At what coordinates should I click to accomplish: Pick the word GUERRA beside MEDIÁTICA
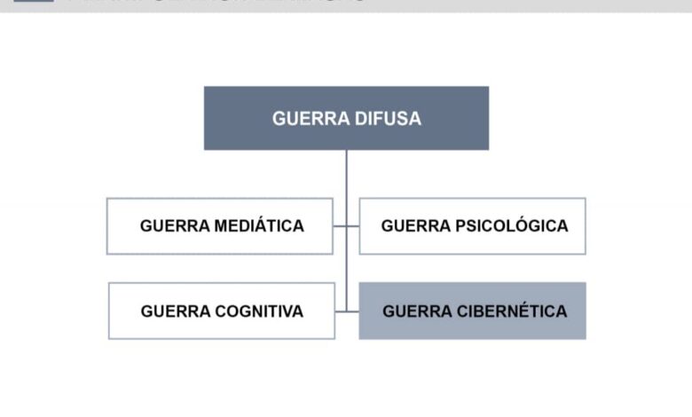[x=176, y=225]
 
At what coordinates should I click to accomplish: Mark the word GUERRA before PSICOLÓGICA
[x=416, y=225]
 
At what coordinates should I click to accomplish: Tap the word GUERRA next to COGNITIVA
[x=176, y=311]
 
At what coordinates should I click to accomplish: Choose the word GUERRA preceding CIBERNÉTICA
[x=417, y=311]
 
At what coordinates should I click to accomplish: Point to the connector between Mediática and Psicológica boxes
[x=346, y=226]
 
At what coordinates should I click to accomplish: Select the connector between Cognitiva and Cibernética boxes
[x=348, y=311]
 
